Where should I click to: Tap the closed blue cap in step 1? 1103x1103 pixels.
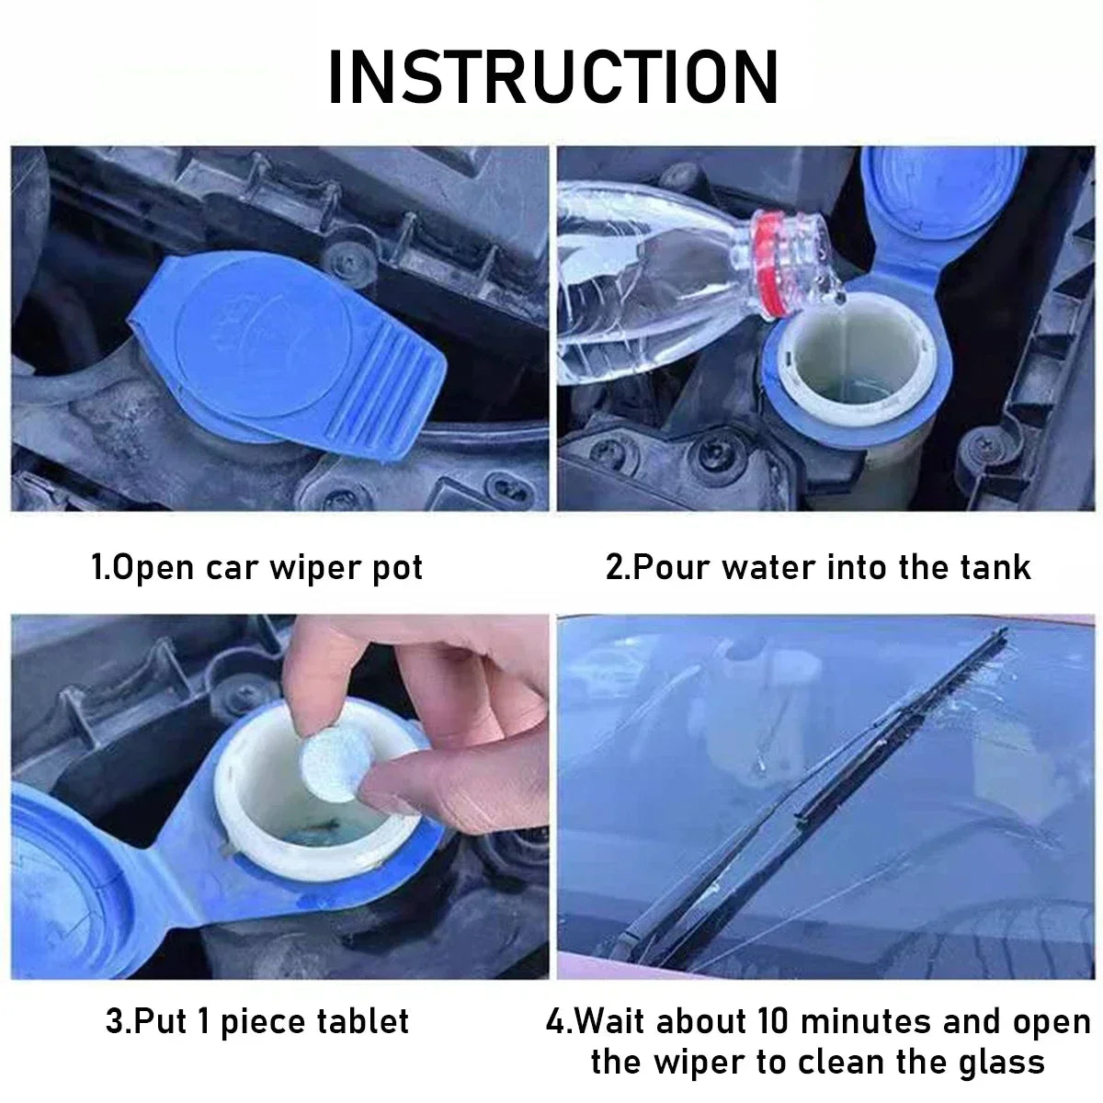[x=285, y=349]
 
